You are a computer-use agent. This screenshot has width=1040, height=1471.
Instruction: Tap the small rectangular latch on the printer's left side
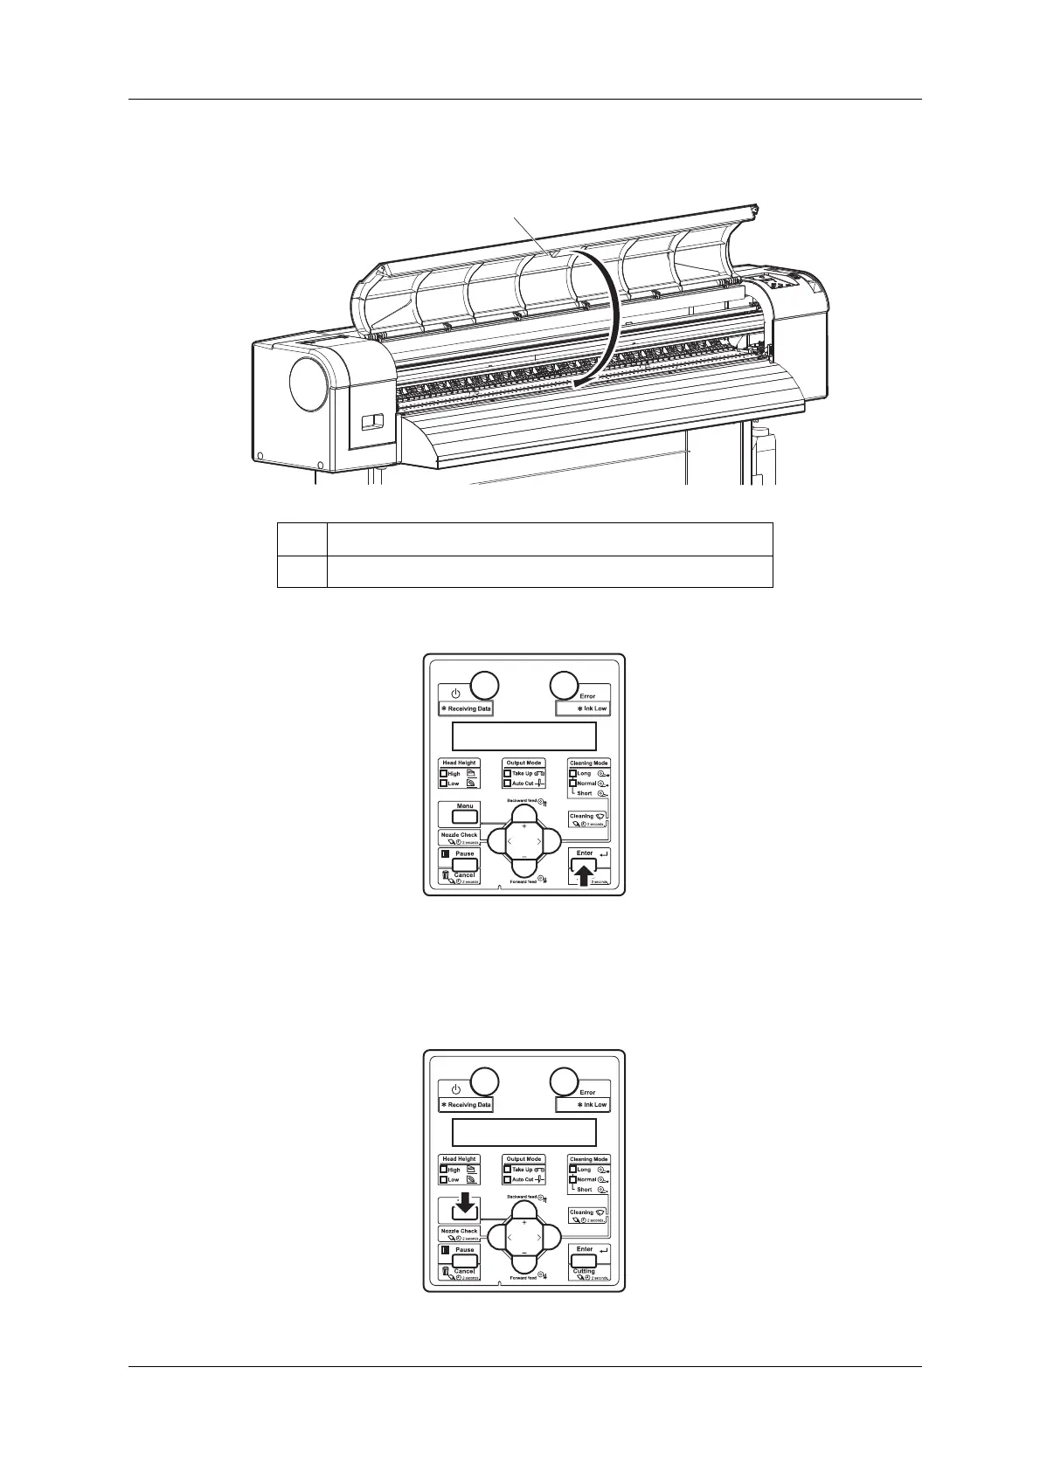(x=372, y=422)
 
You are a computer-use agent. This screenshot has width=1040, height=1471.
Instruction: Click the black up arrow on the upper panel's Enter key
(x=585, y=870)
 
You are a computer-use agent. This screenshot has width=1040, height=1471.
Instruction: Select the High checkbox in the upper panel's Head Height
(x=444, y=774)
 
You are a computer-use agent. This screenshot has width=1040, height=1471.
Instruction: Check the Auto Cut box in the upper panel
(x=508, y=784)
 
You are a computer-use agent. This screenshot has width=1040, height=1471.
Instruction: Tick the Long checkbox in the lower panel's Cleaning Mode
(x=573, y=1170)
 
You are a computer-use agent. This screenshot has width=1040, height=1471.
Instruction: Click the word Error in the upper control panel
(x=587, y=696)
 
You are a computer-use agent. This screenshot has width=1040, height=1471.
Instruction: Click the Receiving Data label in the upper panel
(x=466, y=708)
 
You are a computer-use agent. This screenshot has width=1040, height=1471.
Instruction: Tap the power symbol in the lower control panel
(x=455, y=1089)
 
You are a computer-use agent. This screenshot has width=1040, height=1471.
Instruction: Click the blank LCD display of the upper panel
(x=523, y=736)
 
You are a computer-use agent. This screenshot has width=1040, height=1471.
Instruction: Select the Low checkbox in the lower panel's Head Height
(x=444, y=1179)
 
